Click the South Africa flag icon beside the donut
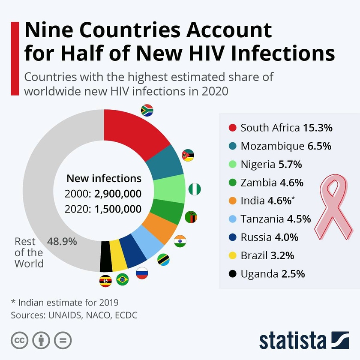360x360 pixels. click(147, 110)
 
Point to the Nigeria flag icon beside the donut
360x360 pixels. click(195, 189)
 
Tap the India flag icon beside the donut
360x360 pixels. click(180, 241)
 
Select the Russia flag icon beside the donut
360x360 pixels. click(142, 273)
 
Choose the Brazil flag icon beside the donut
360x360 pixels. click(123, 279)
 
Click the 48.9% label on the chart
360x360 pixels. click(62, 241)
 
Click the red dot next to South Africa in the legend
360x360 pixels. click(233, 128)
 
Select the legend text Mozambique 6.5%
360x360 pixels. click(286, 146)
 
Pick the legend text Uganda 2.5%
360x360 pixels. click(273, 274)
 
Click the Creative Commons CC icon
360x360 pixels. click(19, 340)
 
